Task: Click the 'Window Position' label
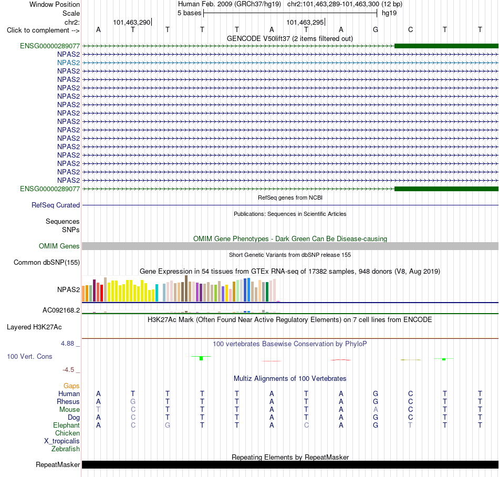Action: pos(55,4)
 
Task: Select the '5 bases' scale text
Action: pos(189,13)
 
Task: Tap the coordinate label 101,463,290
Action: pos(131,22)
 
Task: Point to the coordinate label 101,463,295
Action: pos(305,22)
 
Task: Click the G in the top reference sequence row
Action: pos(376,29)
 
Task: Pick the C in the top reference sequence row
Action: pos(411,29)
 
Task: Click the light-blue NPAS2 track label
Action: pos(68,63)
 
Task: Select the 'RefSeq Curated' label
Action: pos(56,205)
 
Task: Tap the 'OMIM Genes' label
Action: pos(59,246)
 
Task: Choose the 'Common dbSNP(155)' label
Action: pos(47,263)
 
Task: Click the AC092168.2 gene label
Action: pos(61,310)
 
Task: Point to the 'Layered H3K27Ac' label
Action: pos(34,327)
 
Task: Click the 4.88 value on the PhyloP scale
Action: pos(67,344)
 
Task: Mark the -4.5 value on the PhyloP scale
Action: pos(68,370)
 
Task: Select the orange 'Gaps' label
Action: pos(71,386)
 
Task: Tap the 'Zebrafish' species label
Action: pos(66,449)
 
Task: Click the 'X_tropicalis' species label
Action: pos(62,441)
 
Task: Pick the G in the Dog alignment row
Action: pos(376,418)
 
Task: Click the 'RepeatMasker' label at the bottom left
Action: pos(58,464)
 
